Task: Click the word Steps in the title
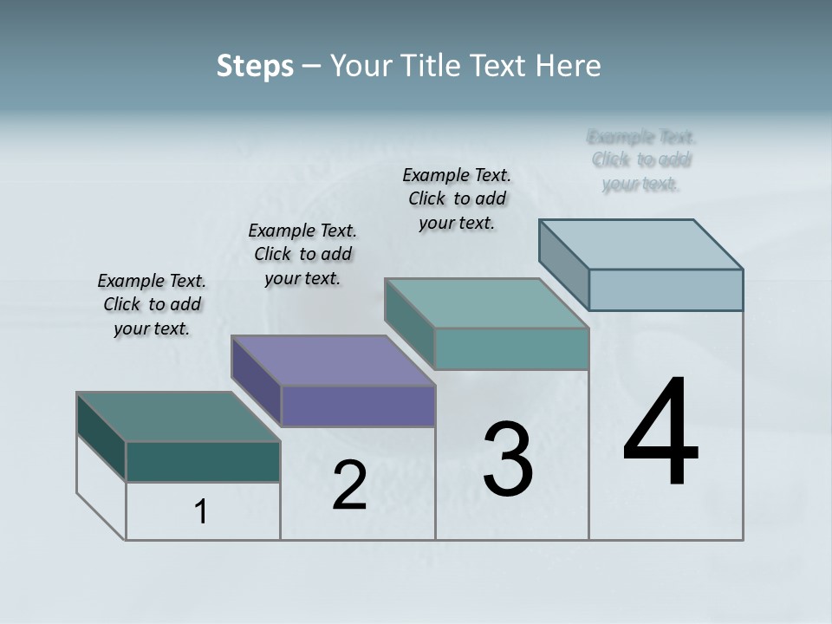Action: [x=255, y=66]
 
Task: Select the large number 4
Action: [x=661, y=433]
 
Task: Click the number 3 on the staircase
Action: [x=508, y=459]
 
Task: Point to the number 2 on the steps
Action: [x=349, y=485]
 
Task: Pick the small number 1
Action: [x=201, y=512]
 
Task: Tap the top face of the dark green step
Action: [x=179, y=417]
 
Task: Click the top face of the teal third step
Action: [x=487, y=303]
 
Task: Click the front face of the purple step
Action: [x=358, y=406]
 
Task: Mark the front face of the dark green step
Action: [x=203, y=461]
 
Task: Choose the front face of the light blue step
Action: [x=666, y=289]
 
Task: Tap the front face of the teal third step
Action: [x=511, y=348]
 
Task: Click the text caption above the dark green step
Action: [x=152, y=304]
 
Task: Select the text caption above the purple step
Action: [x=302, y=254]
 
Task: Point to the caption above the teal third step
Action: [x=457, y=198]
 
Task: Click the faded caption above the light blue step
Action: [x=641, y=160]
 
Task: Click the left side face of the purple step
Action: [x=257, y=381]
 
